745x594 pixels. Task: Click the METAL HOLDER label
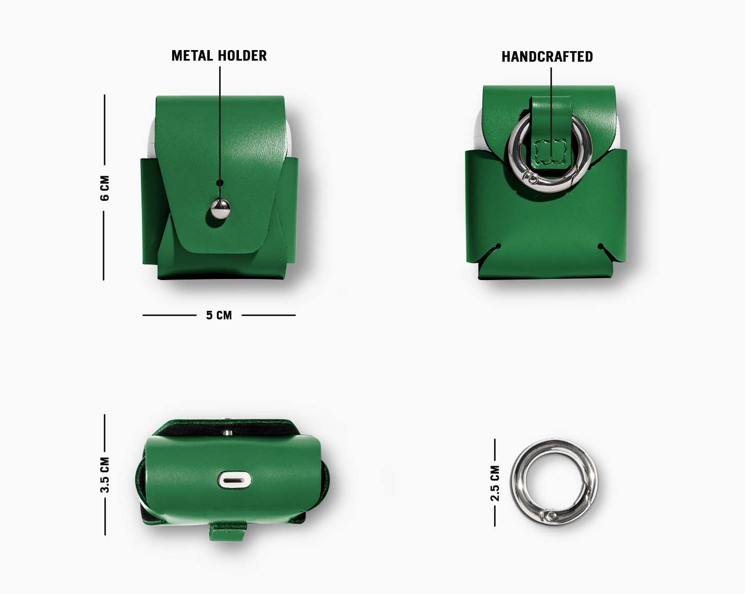219,56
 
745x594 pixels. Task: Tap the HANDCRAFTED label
547,57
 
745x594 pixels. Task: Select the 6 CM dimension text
104,188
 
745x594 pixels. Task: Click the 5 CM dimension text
219,316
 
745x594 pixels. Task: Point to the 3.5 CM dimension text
104,475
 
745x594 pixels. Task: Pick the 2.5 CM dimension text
495,483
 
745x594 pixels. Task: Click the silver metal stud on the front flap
221,209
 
